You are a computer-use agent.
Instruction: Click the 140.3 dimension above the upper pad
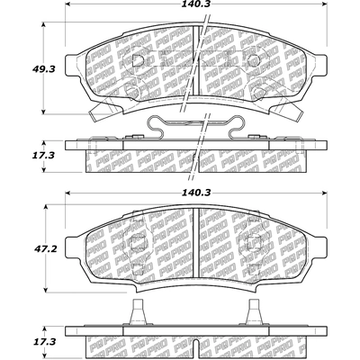pos(196,4)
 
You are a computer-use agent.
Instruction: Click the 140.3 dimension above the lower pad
pos(196,193)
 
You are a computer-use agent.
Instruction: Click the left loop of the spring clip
pos(156,128)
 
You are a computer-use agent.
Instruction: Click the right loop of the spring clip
pos(236,128)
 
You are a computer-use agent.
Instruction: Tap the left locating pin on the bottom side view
pos(138,312)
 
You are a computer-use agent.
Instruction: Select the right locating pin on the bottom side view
pos(255,312)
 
